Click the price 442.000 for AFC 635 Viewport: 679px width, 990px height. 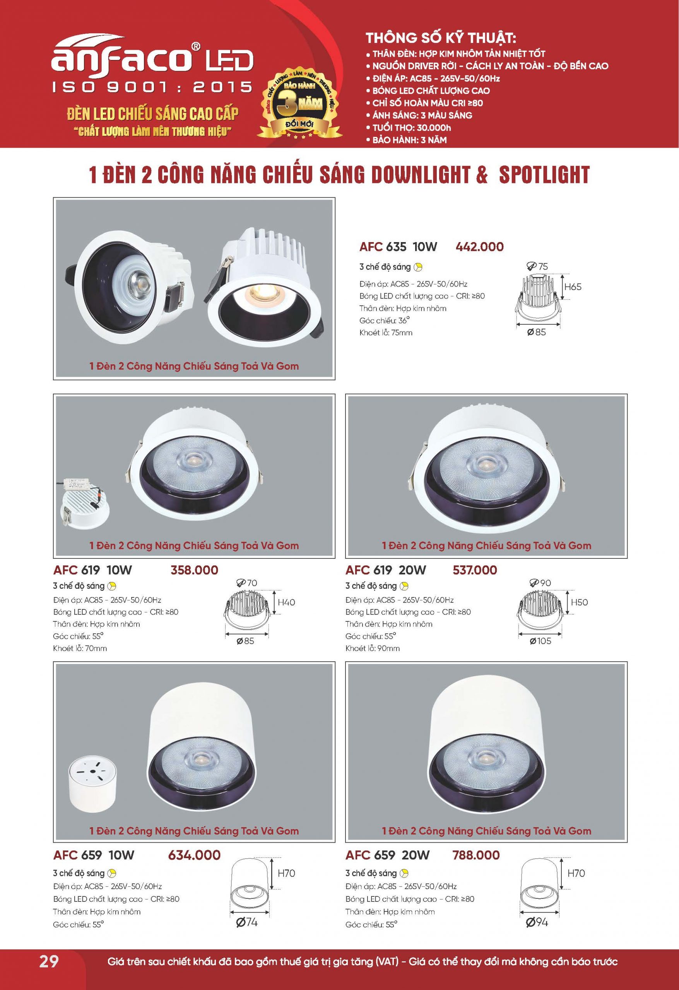(x=479, y=247)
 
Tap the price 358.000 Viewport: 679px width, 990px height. (x=194, y=570)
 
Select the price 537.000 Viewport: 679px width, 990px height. (x=475, y=570)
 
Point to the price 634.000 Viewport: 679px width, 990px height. (x=194, y=855)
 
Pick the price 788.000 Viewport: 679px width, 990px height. (x=475, y=855)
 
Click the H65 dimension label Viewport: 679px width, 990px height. (x=573, y=287)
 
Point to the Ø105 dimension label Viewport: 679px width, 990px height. (x=540, y=641)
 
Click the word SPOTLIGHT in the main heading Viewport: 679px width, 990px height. (x=544, y=175)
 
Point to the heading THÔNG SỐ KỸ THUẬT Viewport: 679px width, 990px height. (x=441, y=38)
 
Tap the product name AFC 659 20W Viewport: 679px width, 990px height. (x=387, y=855)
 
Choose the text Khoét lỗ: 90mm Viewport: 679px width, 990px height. (x=373, y=649)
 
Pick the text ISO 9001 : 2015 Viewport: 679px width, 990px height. (x=152, y=87)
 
